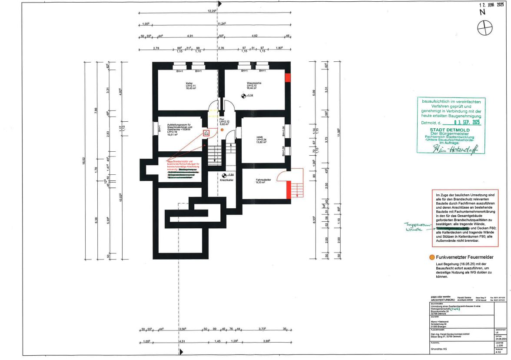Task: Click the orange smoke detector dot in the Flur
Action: tap(222, 130)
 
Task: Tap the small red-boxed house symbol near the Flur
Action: tap(206, 133)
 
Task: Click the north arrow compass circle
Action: tap(483, 29)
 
